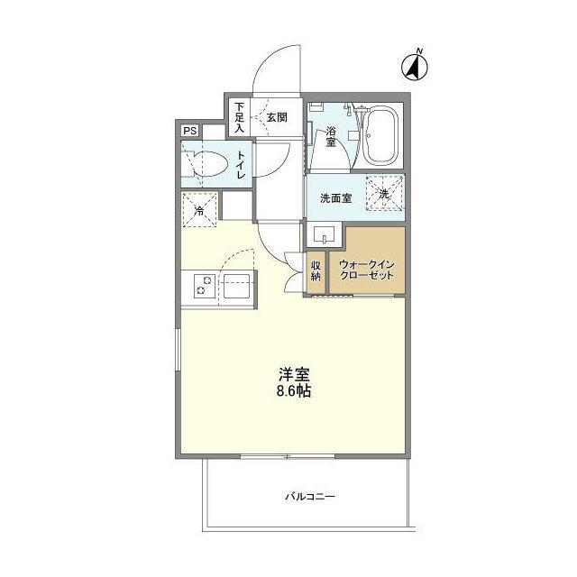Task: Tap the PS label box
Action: coord(189,131)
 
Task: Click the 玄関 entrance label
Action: coord(277,116)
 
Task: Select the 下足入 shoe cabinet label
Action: coord(240,116)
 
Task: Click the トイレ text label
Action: coord(241,167)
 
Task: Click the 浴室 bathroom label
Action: coord(331,135)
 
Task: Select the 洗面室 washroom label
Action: coord(334,198)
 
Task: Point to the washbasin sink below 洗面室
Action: coord(323,236)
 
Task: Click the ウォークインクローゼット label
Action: coord(366,270)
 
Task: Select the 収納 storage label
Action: coord(316,271)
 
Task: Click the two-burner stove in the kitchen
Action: coord(202,289)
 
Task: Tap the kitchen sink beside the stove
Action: coord(237,289)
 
